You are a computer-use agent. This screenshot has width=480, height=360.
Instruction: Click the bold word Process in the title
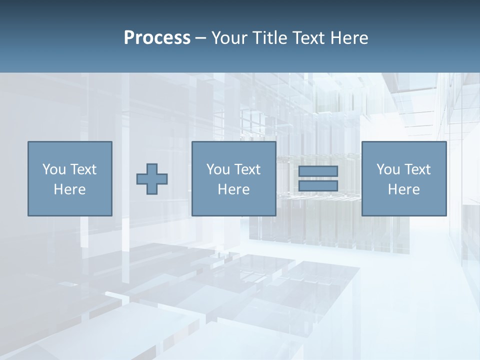coord(157,38)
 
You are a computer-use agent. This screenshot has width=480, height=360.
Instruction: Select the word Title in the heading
coord(270,38)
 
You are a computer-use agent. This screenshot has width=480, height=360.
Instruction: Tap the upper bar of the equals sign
coord(318,171)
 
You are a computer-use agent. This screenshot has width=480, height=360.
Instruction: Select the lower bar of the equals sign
coord(318,186)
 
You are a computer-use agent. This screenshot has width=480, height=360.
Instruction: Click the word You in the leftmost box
coord(54,169)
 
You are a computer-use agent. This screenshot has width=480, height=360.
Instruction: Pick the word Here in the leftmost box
coord(69,189)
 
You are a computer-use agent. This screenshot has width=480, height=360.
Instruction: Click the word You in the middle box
coord(218,169)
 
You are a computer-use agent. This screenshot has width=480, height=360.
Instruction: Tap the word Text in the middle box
coord(247,169)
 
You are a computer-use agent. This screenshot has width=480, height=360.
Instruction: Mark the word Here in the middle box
coord(233,189)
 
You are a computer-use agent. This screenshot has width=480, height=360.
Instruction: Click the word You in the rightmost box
coord(388,169)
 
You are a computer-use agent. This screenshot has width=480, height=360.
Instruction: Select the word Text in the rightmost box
coord(417,169)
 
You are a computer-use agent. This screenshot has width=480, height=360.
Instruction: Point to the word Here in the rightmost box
coord(403,189)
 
